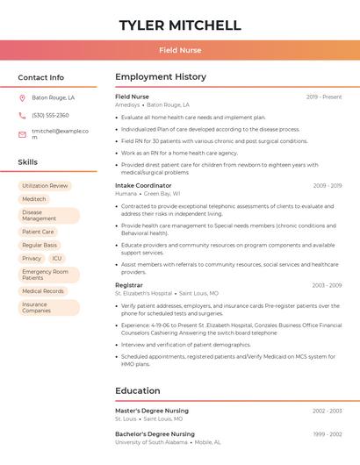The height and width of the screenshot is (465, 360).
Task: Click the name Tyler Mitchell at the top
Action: [x=179, y=25]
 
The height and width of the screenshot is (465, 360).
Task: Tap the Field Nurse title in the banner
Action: [x=179, y=50]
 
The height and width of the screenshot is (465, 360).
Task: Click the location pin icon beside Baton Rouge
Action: [x=22, y=97]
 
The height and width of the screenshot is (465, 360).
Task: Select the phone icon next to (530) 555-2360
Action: [x=22, y=115]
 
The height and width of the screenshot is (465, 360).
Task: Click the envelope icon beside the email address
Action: [x=22, y=134]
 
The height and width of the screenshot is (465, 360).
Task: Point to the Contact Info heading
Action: [x=40, y=77]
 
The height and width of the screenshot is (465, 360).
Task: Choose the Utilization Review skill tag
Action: [x=45, y=186]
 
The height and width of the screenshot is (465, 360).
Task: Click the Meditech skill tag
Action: [x=34, y=199]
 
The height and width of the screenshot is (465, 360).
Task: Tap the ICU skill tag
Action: [x=57, y=259]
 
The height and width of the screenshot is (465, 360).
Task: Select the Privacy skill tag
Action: [x=32, y=259]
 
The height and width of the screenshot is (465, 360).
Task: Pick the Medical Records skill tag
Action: [x=43, y=291]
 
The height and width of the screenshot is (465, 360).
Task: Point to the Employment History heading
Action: [x=160, y=77]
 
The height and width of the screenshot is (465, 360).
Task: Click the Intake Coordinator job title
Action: [x=143, y=186]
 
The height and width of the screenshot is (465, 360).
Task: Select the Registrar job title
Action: [x=128, y=285]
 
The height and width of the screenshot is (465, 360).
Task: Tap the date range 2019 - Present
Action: [x=324, y=97]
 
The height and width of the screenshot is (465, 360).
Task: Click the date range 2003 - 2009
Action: [x=325, y=285]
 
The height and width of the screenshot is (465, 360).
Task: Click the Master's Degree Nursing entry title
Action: [x=151, y=411]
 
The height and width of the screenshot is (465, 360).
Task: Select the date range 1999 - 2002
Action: [x=327, y=434]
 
